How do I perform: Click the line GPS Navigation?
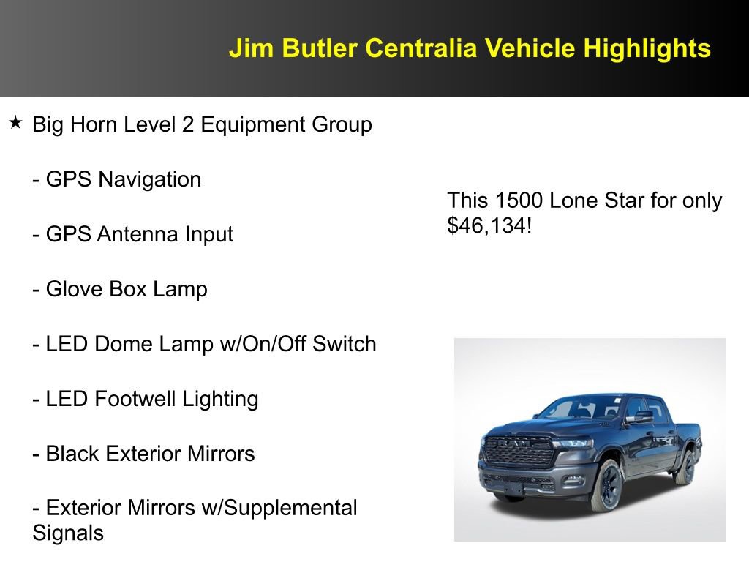[x=117, y=179]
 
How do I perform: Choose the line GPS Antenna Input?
[x=133, y=234]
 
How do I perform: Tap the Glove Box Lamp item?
[x=120, y=289]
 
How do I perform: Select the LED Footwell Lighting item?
[x=146, y=399]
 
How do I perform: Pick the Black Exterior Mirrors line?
[x=143, y=454]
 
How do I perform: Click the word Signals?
[x=68, y=533]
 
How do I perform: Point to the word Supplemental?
[x=296, y=507]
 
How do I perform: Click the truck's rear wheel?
[x=685, y=466]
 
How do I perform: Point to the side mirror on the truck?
[x=640, y=417]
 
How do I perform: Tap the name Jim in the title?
[x=249, y=48]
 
